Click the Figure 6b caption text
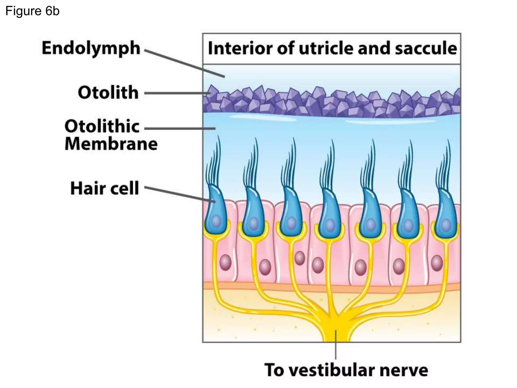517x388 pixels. (32, 11)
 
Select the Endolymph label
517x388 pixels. (91, 48)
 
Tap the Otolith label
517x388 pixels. (108, 92)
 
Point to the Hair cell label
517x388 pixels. (105, 188)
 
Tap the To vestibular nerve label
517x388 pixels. (346, 370)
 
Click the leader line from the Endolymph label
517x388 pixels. (184, 63)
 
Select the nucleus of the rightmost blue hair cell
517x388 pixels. (446, 224)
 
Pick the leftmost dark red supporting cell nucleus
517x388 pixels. (225, 263)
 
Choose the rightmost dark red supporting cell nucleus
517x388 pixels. (437, 263)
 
